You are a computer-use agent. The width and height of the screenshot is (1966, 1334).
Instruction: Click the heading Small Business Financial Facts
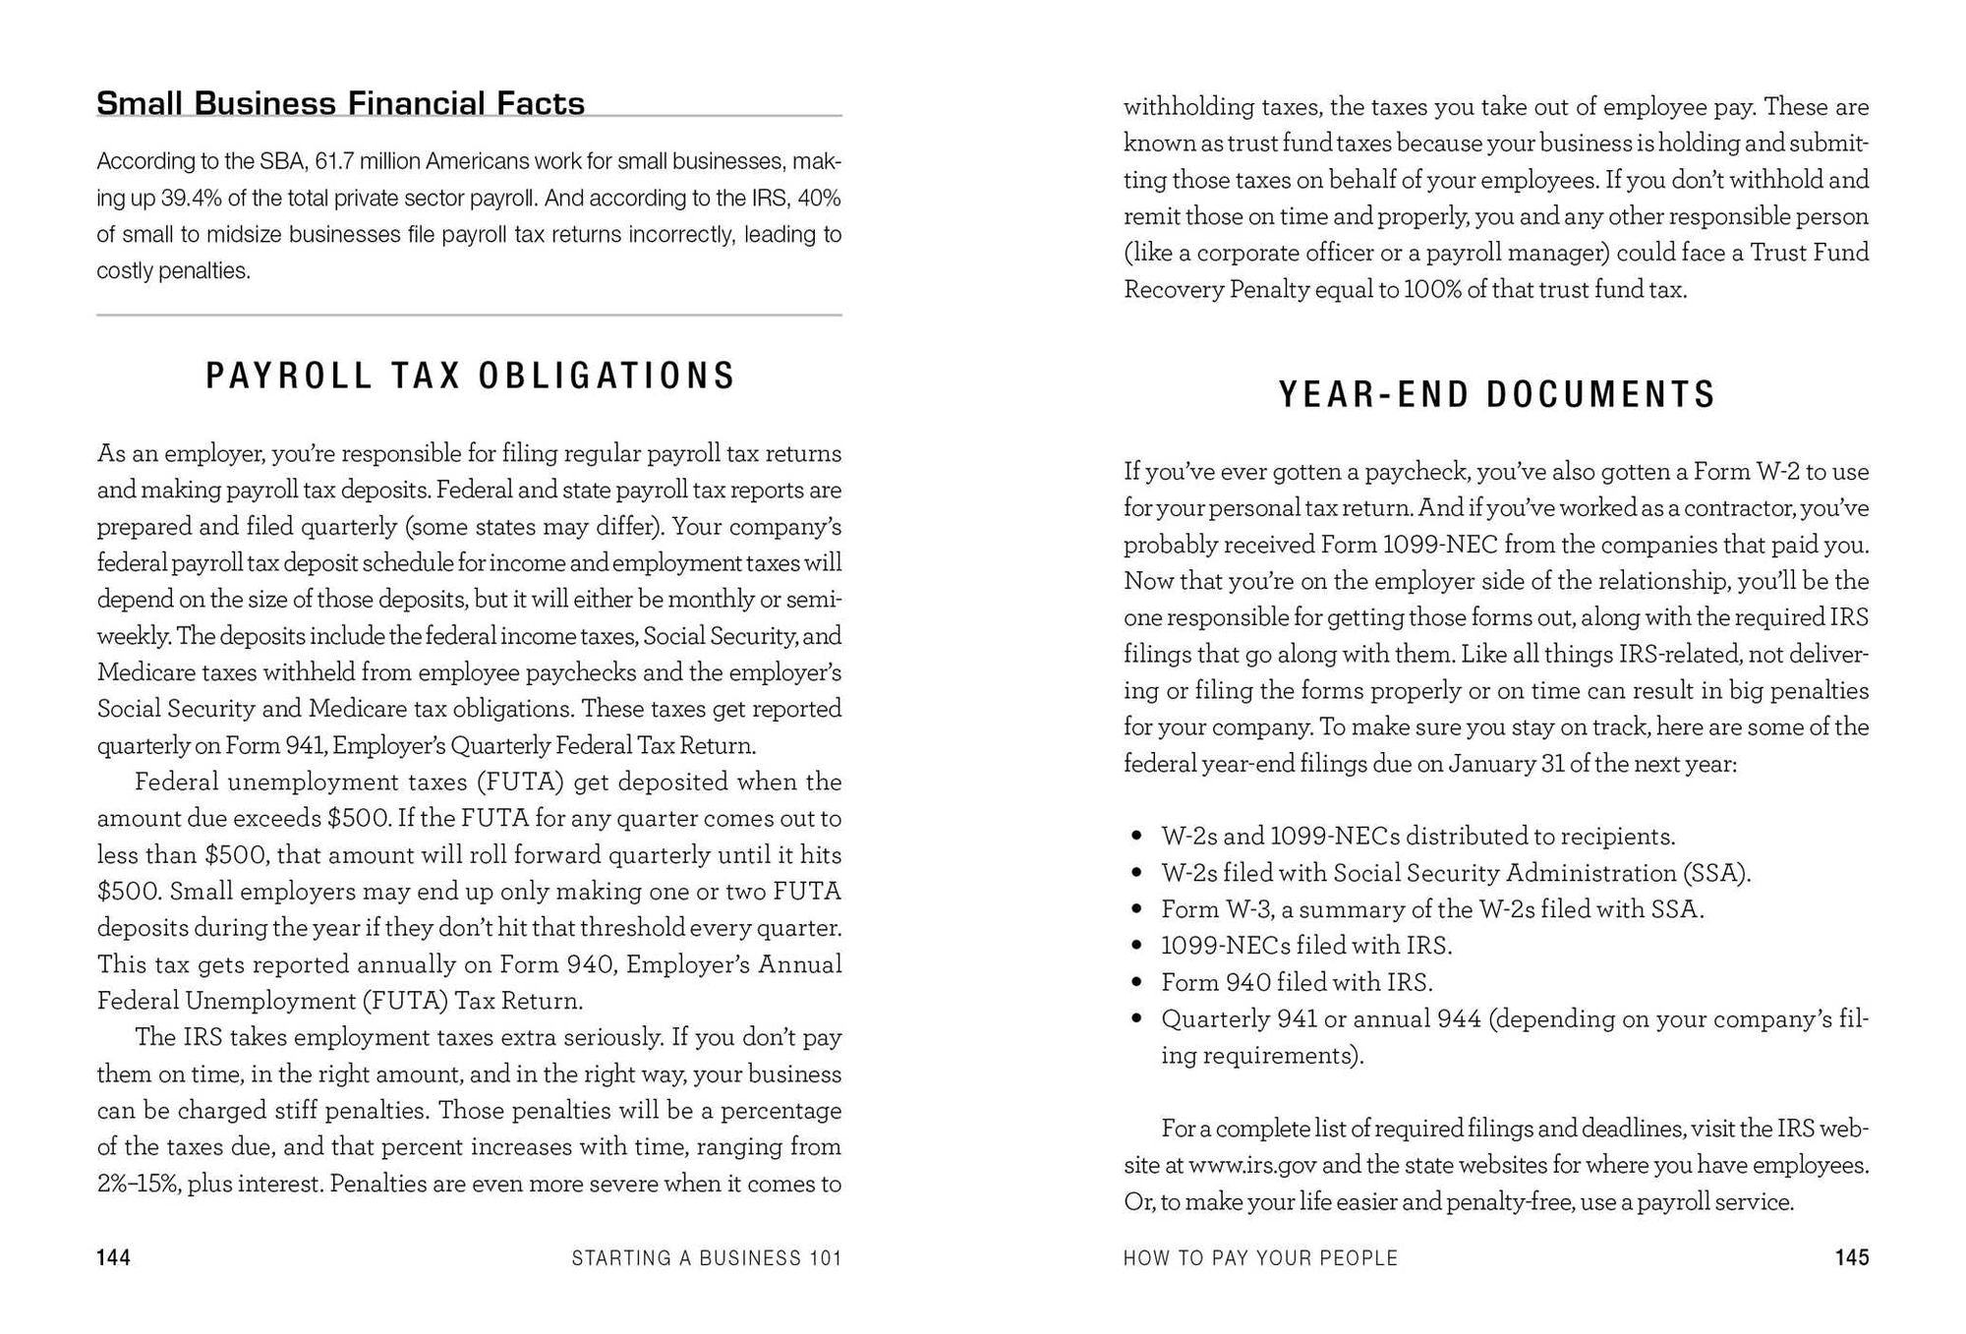pyautogui.click(x=340, y=103)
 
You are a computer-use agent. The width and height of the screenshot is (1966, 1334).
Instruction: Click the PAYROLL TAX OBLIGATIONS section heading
pyautogui.click(x=470, y=376)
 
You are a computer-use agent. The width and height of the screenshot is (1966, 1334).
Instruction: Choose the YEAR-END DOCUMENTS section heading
pyautogui.click(x=1496, y=394)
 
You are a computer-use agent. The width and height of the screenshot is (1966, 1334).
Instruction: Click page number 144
pyautogui.click(x=114, y=1257)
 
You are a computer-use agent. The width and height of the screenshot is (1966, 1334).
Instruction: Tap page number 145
pyautogui.click(x=1851, y=1257)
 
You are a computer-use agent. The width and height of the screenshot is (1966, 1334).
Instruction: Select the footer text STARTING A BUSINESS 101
pyautogui.click(x=706, y=1257)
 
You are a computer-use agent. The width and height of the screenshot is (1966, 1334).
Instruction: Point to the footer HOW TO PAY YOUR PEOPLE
pyautogui.click(x=1260, y=1257)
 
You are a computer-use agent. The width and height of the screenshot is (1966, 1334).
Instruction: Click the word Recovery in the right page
pyautogui.click(x=1173, y=290)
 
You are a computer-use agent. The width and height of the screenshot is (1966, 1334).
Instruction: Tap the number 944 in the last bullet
pyautogui.click(x=1459, y=1019)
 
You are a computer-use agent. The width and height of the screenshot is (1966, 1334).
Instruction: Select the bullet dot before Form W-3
pyautogui.click(x=1136, y=910)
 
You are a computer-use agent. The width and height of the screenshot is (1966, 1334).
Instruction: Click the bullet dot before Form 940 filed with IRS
pyautogui.click(x=1136, y=983)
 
